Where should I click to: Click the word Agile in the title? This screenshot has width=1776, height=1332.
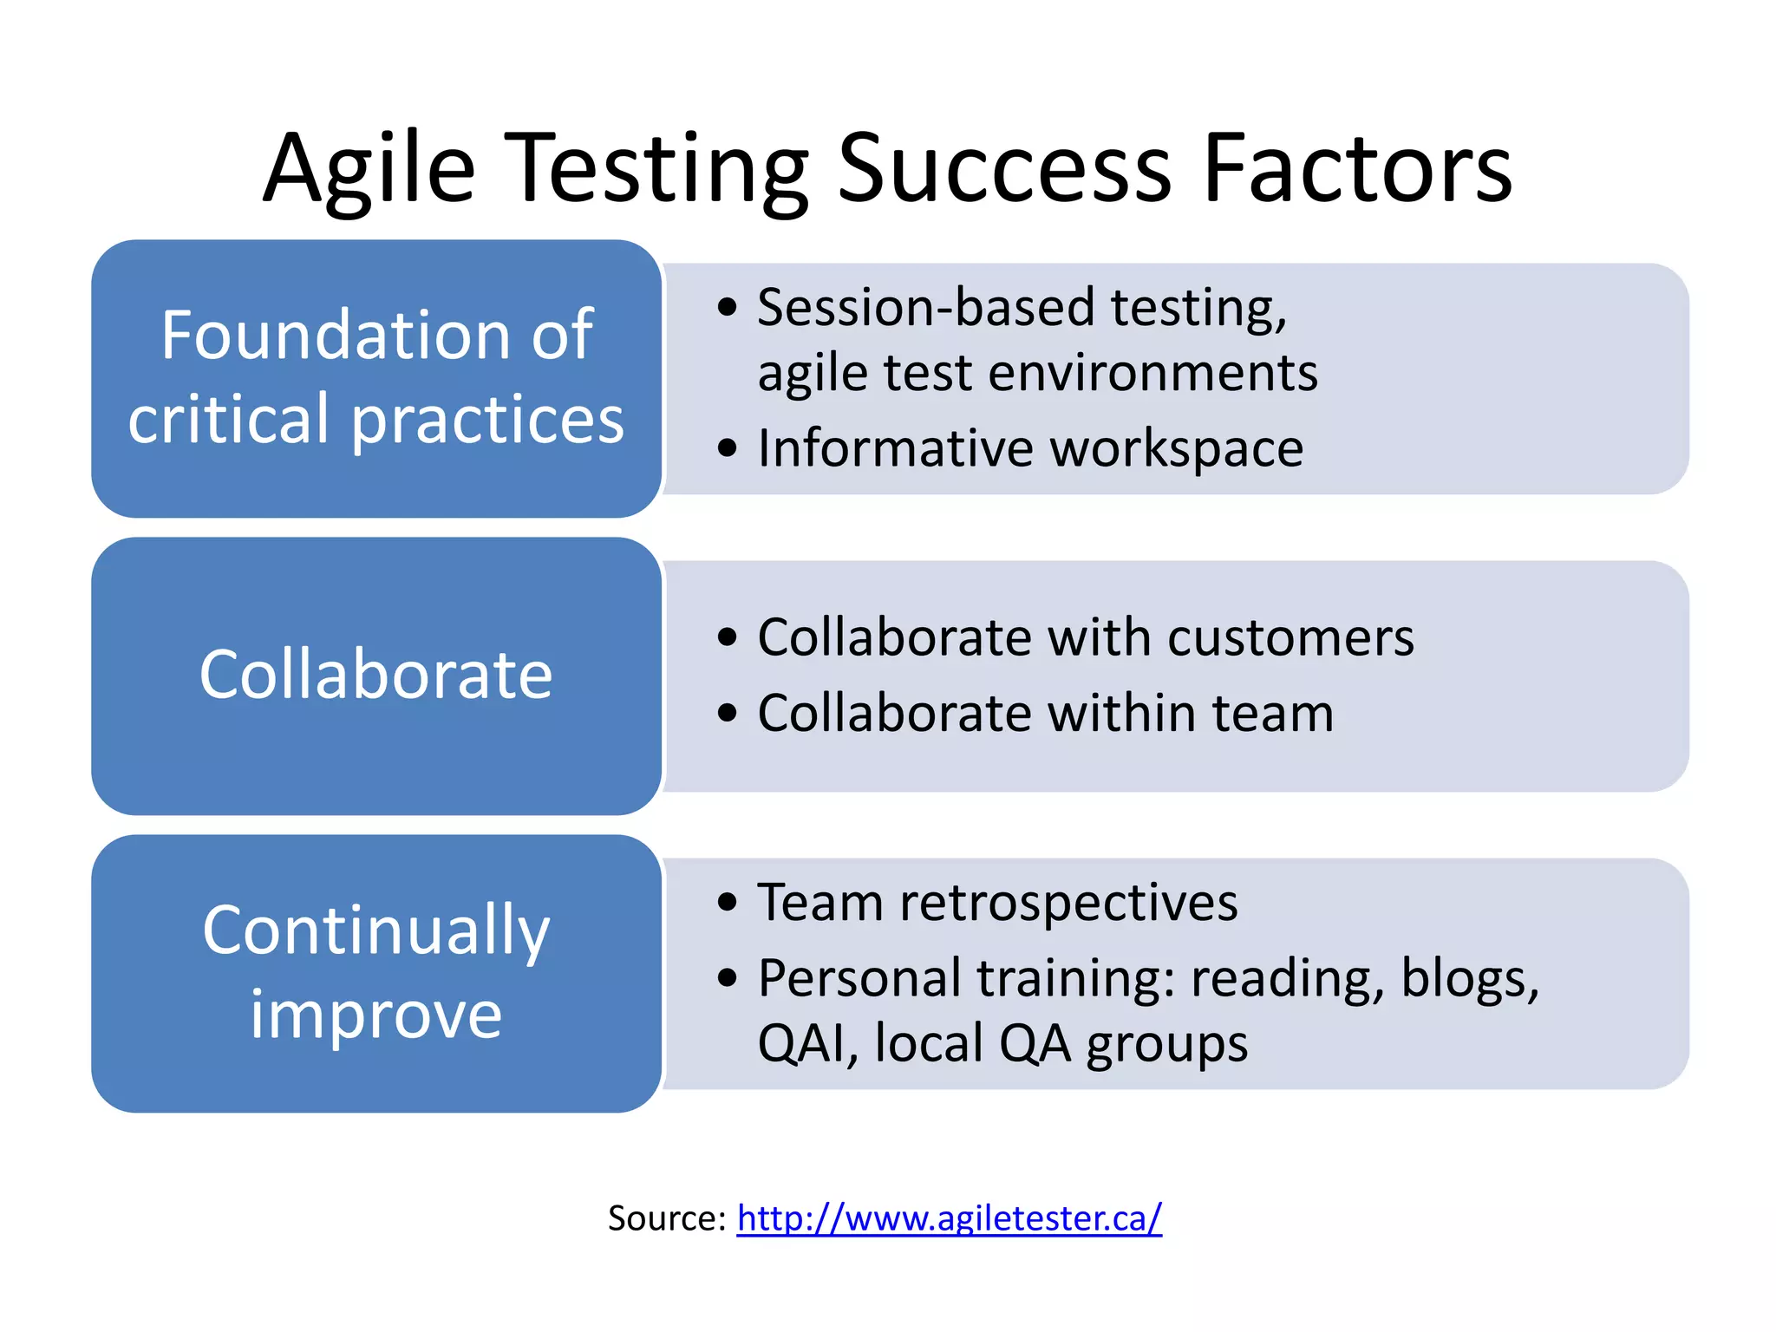pos(369,169)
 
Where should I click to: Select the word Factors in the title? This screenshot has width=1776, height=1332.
pos(1357,169)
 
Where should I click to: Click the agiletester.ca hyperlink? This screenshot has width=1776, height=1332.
pos(949,1218)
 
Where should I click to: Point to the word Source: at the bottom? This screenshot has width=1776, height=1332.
pos(666,1218)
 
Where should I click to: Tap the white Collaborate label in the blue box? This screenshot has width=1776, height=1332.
pos(375,675)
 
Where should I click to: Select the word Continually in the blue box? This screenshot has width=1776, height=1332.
pos(375,930)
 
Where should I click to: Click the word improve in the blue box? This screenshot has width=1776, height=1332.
pos(375,1014)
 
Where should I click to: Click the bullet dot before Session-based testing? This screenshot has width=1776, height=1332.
pos(728,307)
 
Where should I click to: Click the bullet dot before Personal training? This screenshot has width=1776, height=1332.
pos(728,978)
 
